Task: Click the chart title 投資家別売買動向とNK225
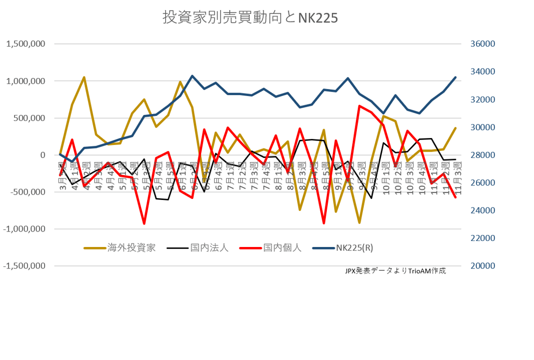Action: tap(250, 17)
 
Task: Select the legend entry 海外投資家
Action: tap(131, 247)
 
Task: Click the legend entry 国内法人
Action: tap(209, 247)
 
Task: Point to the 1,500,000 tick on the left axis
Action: tap(26, 44)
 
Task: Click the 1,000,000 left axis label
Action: tap(26, 81)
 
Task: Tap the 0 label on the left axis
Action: tap(43, 155)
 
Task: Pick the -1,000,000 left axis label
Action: tap(24, 229)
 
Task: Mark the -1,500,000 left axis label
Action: tap(24, 266)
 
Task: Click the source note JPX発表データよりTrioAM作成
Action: tap(395, 271)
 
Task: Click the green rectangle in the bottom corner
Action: tap(501, 330)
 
